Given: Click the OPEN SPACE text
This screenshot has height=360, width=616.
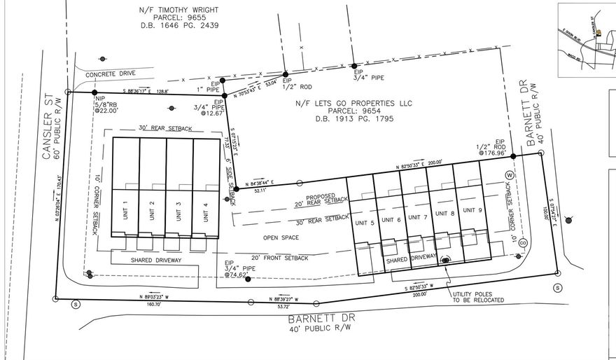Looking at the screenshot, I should (x=281, y=238).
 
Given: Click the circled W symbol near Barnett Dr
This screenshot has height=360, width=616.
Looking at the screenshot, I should (x=510, y=174).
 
